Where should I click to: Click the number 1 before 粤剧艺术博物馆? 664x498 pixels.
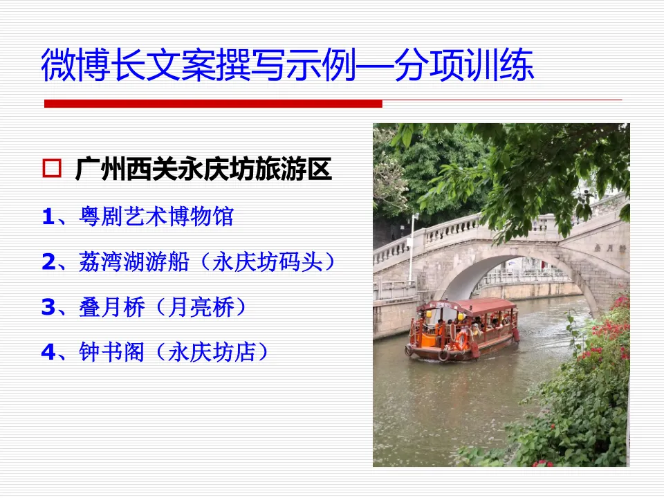48,217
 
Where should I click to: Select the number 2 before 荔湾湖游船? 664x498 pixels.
48,262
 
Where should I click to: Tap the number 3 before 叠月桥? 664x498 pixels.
48,307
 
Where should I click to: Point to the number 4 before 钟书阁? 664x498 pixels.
48,352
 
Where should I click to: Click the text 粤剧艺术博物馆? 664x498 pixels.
156,217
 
